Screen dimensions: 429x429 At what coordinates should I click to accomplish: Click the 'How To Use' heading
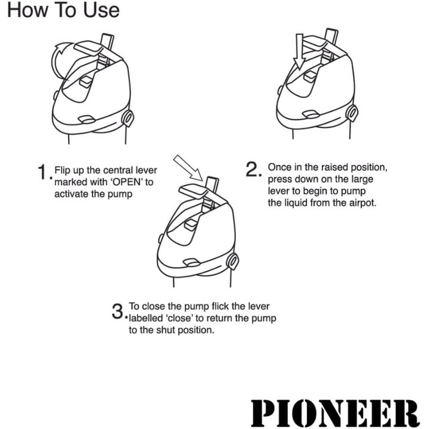click(x=63, y=11)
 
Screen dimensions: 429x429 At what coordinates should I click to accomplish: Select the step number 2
click(x=254, y=170)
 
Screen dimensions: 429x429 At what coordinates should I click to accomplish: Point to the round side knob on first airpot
click(x=128, y=117)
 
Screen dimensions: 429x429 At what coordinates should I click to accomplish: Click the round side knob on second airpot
click(x=352, y=113)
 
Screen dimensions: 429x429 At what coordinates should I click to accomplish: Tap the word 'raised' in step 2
click(x=324, y=167)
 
